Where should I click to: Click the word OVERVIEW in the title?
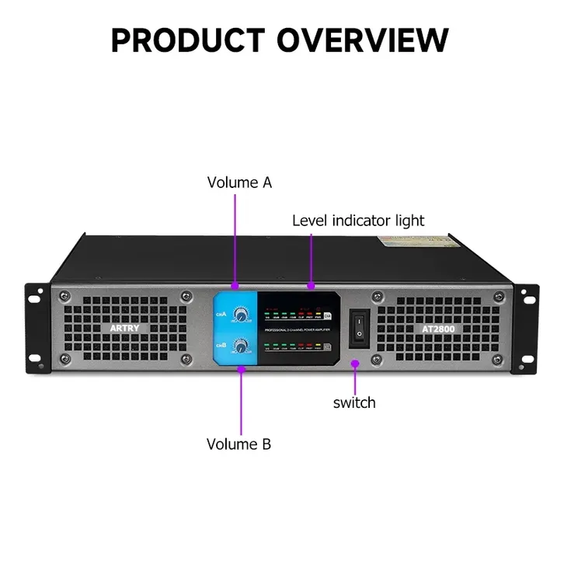(x=363, y=40)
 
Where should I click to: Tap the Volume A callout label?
(x=239, y=183)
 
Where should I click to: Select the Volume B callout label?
(x=238, y=444)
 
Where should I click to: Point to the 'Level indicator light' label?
(x=358, y=221)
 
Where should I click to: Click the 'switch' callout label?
(x=354, y=402)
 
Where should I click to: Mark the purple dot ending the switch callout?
(x=355, y=362)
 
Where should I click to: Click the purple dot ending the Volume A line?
(x=234, y=288)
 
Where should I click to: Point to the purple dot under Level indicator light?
(x=311, y=287)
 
